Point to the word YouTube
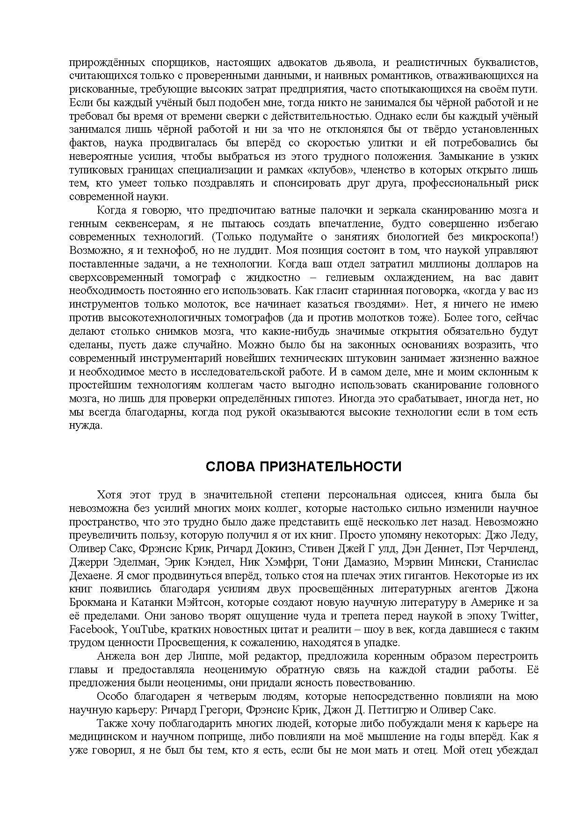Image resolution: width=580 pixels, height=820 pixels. click(146, 629)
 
